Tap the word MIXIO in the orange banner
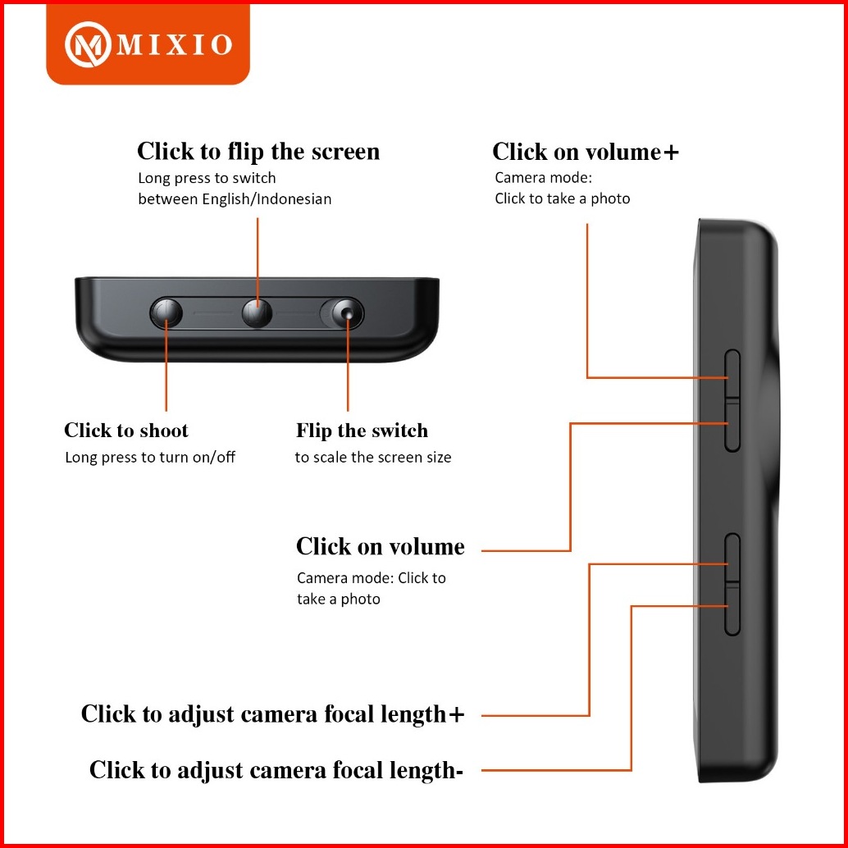[x=175, y=44]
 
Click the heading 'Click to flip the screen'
[x=258, y=152]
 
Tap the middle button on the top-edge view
[x=258, y=312]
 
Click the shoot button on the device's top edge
[x=166, y=312]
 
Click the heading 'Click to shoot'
[x=126, y=431]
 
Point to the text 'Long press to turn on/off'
[x=150, y=458]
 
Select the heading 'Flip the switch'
[x=362, y=431]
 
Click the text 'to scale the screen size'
[x=373, y=458]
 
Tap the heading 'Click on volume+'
[x=586, y=152]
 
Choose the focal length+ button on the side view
[x=732, y=560]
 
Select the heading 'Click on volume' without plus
[x=381, y=547]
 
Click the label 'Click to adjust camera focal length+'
[x=273, y=714]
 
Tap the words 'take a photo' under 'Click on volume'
[x=339, y=600]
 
